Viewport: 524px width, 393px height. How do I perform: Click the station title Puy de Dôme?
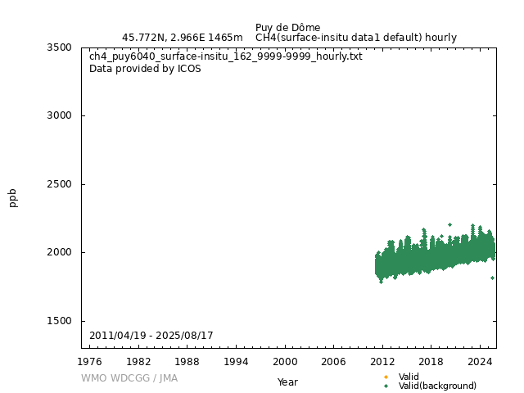tap(287, 27)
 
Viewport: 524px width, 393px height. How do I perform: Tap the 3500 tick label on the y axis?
tap(59, 47)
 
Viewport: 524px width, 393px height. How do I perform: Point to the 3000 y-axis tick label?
tap(59, 115)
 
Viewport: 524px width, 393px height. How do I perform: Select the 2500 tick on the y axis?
tap(59, 184)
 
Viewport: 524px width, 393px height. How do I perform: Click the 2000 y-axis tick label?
tap(59, 252)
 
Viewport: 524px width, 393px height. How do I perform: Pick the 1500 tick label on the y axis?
tap(59, 321)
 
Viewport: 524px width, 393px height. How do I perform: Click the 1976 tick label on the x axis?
tap(90, 361)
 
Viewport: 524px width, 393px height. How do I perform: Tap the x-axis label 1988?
tap(187, 361)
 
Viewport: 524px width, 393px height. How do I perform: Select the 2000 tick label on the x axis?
tap(285, 361)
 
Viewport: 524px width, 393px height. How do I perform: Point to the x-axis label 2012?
tap(382, 361)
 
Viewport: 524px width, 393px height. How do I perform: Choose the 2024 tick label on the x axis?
tap(480, 361)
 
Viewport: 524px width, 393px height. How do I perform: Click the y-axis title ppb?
tap(13, 197)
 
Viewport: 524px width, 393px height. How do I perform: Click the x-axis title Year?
tap(287, 382)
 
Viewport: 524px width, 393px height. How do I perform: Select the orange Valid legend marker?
tap(386, 377)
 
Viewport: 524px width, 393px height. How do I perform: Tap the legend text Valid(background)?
tap(437, 386)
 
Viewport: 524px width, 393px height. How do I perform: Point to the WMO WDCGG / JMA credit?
tap(129, 378)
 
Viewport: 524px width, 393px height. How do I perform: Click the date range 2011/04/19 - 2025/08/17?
tap(151, 336)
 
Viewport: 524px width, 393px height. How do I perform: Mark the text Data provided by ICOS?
tap(145, 69)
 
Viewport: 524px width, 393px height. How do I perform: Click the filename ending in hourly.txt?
tap(225, 56)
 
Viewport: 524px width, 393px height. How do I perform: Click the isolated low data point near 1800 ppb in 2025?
tap(492, 278)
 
